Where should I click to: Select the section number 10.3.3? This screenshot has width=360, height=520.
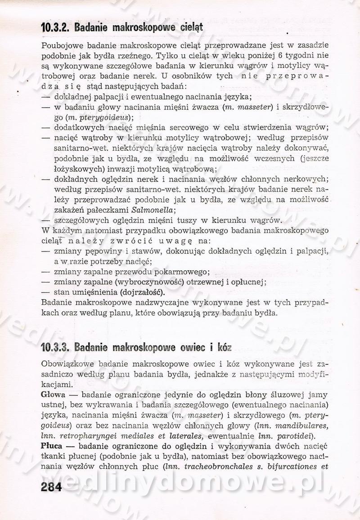[54, 347]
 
